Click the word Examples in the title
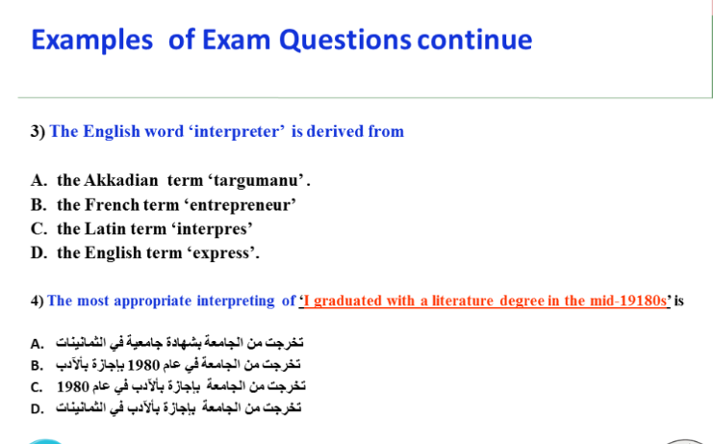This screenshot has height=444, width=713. (91, 41)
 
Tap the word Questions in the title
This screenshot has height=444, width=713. (345, 41)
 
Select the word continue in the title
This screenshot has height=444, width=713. (474, 40)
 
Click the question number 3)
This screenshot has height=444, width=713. (38, 132)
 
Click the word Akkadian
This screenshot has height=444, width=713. (121, 180)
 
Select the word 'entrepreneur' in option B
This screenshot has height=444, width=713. (242, 205)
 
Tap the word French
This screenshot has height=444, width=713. (112, 205)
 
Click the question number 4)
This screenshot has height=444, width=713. (37, 301)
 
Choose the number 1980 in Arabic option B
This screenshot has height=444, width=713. (143, 365)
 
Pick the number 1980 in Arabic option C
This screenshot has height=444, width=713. (73, 387)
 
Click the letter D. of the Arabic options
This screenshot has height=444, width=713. (38, 409)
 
